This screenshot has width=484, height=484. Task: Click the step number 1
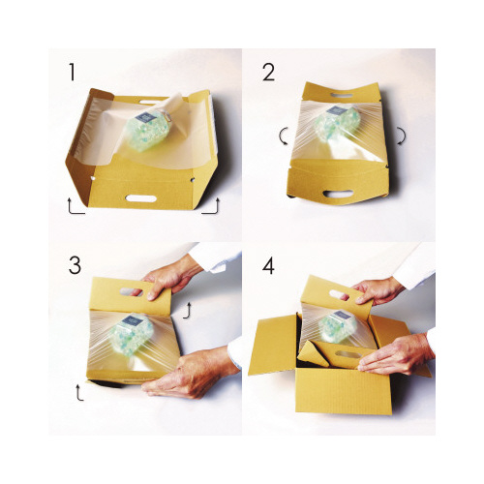73,72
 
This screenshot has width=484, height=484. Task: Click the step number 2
269,72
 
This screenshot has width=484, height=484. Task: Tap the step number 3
75,265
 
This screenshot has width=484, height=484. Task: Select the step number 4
268,266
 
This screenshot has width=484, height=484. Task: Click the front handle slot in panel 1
141,198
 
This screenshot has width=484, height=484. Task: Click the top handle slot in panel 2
342,96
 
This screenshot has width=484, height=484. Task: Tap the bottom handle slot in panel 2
339,193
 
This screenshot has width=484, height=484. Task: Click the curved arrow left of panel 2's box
282,136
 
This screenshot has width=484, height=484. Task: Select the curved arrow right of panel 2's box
401,136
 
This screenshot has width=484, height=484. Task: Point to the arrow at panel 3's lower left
78,392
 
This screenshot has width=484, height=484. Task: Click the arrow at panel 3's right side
188,311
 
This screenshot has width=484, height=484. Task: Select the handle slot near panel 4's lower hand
348,355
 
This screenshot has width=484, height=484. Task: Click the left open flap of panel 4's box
274,345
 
